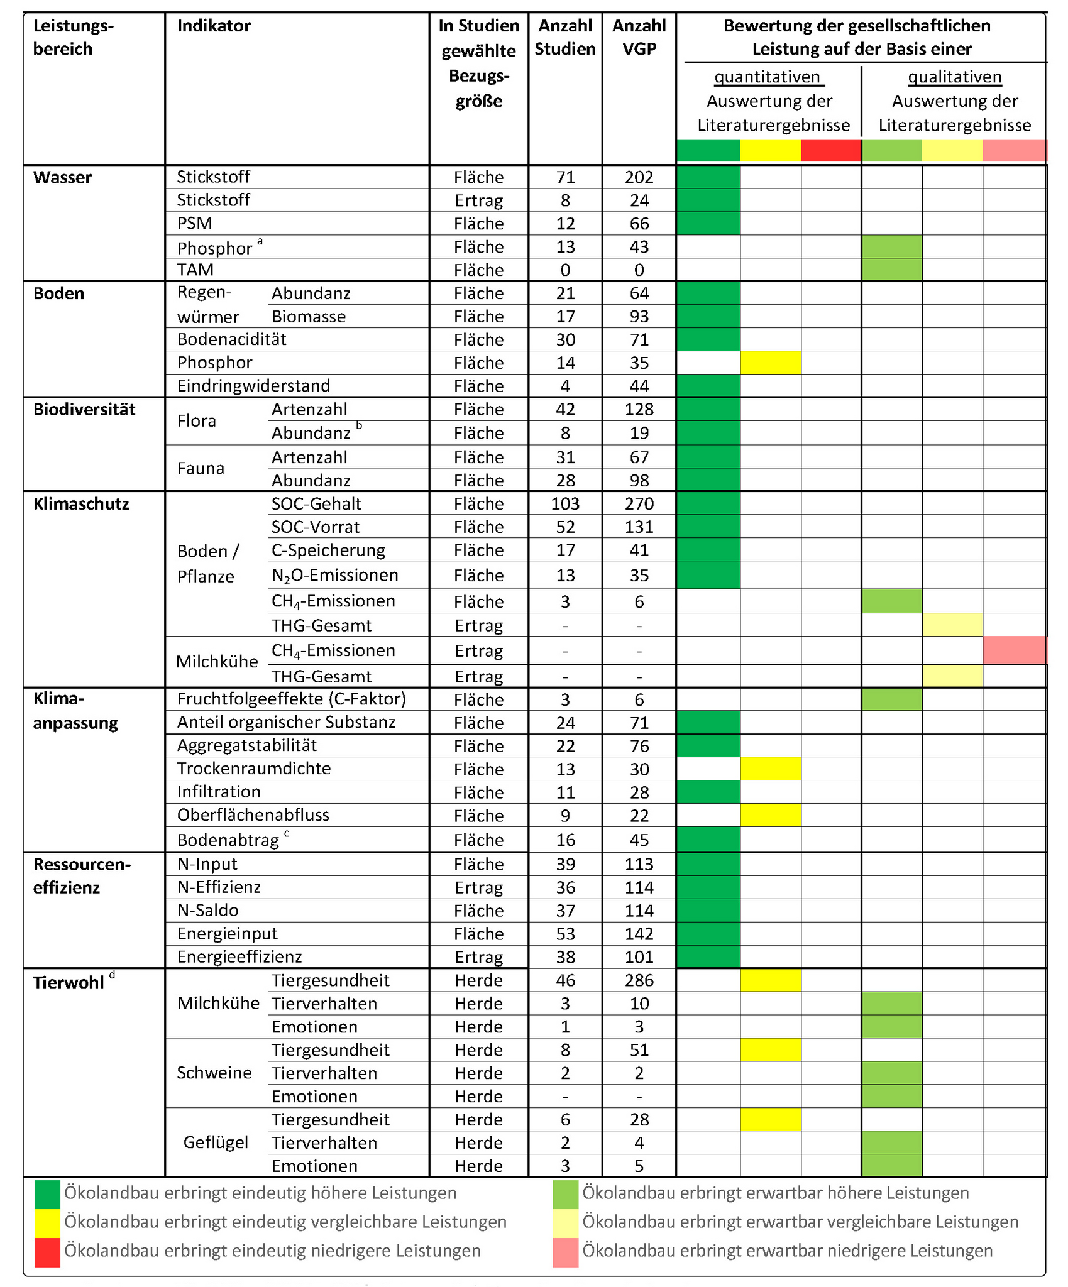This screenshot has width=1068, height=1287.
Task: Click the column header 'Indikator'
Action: click(x=214, y=26)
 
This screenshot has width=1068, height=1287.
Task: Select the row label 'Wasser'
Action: click(x=62, y=177)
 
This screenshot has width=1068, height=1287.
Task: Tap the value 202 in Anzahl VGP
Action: click(x=639, y=177)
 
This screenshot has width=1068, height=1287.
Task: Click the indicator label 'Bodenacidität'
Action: click(x=231, y=339)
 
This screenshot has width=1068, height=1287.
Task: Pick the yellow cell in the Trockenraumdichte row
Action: click(x=770, y=769)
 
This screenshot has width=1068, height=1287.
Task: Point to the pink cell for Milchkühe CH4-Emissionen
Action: click(x=1014, y=650)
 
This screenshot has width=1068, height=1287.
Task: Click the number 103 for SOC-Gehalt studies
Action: click(x=565, y=503)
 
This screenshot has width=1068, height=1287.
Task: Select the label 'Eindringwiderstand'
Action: click(x=253, y=385)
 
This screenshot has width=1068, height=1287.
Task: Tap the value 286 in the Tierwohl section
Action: click(x=639, y=980)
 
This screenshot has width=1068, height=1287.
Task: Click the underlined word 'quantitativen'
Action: click(x=768, y=77)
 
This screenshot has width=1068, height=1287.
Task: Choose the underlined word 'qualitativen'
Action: click(x=954, y=77)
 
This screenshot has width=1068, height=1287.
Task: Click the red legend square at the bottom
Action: click(x=47, y=1251)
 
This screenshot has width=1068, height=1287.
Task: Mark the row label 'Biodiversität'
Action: click(x=84, y=410)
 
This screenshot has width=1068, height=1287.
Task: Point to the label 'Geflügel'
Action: click(x=216, y=1142)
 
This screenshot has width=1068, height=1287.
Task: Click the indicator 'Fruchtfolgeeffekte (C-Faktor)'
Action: click(x=292, y=699)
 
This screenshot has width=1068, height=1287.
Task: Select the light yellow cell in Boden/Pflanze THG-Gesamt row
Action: click(x=952, y=625)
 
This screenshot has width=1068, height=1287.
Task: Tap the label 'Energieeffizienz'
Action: click(x=239, y=956)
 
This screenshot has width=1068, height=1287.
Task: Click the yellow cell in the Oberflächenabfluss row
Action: click(x=770, y=815)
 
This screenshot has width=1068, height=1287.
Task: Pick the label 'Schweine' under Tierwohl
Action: click(x=214, y=1073)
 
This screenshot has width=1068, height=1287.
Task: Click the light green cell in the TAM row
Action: click(x=891, y=270)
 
